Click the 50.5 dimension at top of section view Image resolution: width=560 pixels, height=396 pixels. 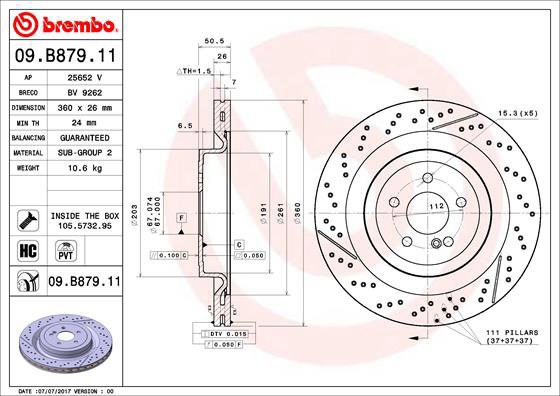[x=211, y=42]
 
